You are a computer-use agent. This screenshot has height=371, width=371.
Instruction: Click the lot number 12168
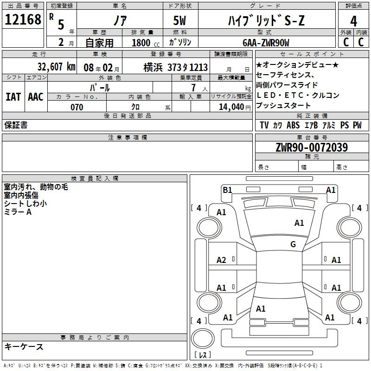click(x=23, y=19)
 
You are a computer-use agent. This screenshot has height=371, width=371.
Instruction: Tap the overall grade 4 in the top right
click(x=353, y=21)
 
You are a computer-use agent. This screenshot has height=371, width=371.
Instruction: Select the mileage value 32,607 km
click(x=57, y=67)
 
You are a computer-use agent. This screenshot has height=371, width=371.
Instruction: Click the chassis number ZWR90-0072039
click(x=312, y=147)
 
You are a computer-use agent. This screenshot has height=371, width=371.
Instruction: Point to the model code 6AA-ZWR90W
click(x=266, y=43)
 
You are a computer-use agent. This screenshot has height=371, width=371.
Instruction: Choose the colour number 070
click(x=77, y=107)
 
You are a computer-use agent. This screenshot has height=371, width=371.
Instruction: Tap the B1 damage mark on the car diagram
click(x=227, y=190)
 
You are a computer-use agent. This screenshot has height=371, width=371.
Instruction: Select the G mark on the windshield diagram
click(x=293, y=244)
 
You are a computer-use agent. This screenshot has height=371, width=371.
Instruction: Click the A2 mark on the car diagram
click(x=221, y=260)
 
